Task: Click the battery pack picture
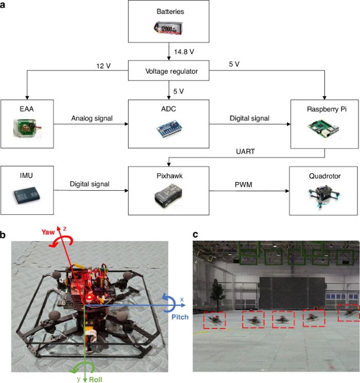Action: pos(169,28)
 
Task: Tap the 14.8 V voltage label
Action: pos(184,52)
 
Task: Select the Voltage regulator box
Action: pos(169,70)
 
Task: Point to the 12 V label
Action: pos(103,66)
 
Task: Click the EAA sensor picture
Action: pos(27,127)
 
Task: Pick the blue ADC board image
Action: pos(169,129)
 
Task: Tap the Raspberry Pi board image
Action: pos(323,129)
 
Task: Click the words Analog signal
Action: pos(92,118)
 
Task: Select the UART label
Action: pos(245,152)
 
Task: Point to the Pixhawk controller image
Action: pos(168,196)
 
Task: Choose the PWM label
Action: pos(243,185)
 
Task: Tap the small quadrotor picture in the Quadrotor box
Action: pos(323,197)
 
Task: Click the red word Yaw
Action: pos(48,232)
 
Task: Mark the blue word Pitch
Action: pos(180,317)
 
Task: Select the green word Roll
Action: pos(96,379)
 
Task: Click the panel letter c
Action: pos(195,234)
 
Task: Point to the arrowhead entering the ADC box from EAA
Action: pos(127,124)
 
